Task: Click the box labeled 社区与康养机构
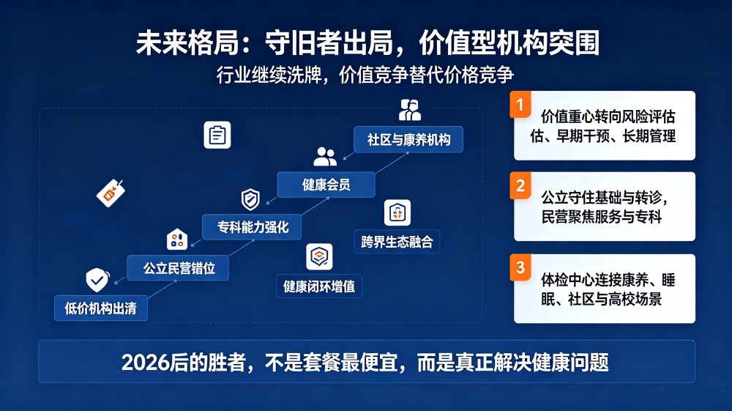click(x=408, y=140)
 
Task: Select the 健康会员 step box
click(x=326, y=185)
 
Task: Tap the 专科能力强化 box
click(x=252, y=227)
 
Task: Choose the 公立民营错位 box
click(x=178, y=267)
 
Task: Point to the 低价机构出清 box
click(x=101, y=308)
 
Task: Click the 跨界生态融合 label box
click(x=397, y=242)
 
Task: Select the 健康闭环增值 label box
click(x=319, y=286)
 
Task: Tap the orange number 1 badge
click(x=520, y=105)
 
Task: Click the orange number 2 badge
click(x=520, y=185)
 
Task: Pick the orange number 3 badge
click(x=520, y=267)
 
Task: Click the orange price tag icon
click(x=111, y=193)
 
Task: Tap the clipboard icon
click(x=217, y=135)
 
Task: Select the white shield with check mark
click(x=97, y=280)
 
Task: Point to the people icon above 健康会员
click(x=325, y=157)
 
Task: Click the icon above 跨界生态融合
click(x=397, y=213)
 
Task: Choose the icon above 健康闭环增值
click(x=319, y=256)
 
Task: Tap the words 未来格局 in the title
click(x=187, y=43)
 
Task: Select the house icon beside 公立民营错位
click(x=177, y=239)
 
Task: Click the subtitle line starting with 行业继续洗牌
click(x=365, y=75)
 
